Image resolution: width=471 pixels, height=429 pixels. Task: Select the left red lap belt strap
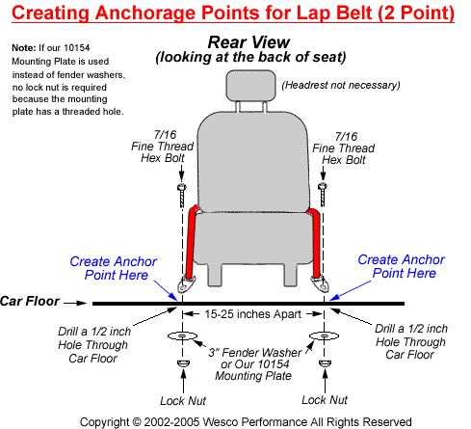192,242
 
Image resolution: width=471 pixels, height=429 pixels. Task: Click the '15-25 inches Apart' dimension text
252,314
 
